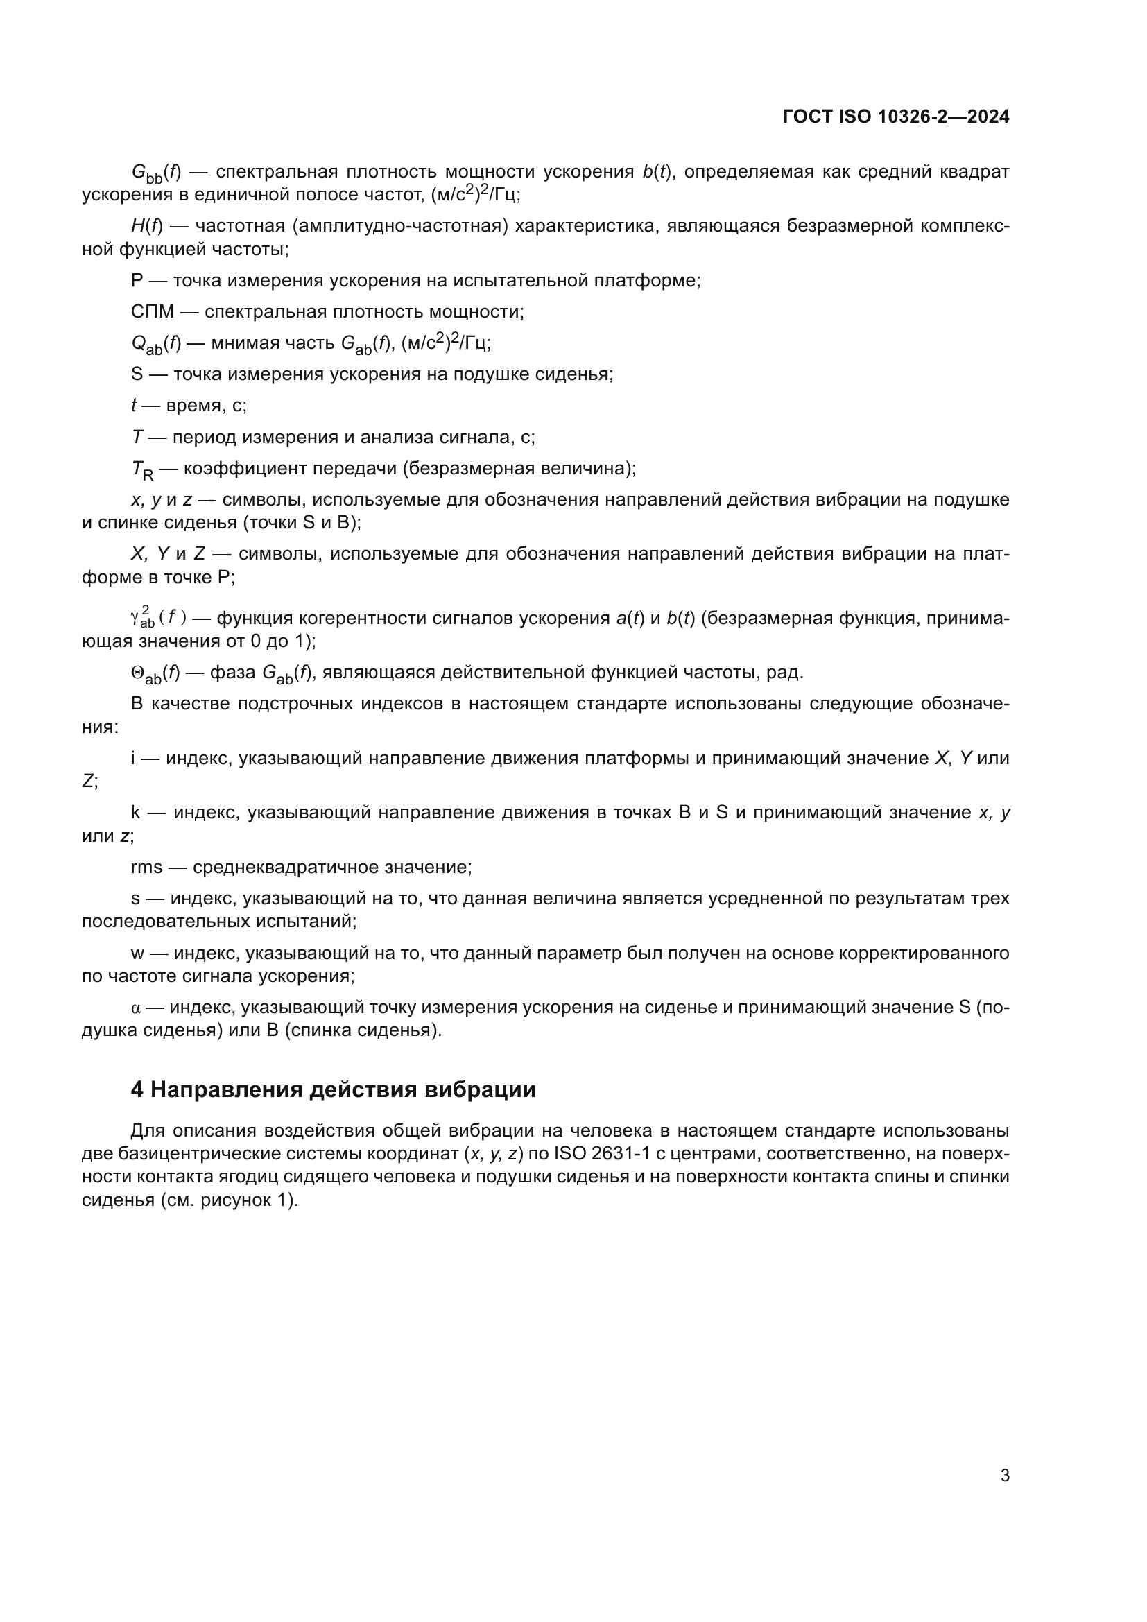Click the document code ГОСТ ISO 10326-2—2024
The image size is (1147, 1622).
(x=895, y=117)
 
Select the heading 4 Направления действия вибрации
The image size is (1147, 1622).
(x=333, y=1089)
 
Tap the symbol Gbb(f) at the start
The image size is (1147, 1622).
(x=156, y=173)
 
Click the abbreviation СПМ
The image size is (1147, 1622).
(x=152, y=311)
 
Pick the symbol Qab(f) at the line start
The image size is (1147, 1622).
(x=156, y=344)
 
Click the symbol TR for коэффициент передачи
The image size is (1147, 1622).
(x=142, y=469)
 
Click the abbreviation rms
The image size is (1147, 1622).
(x=146, y=867)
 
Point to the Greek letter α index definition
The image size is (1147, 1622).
(x=137, y=1008)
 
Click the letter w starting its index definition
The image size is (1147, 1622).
(x=137, y=953)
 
